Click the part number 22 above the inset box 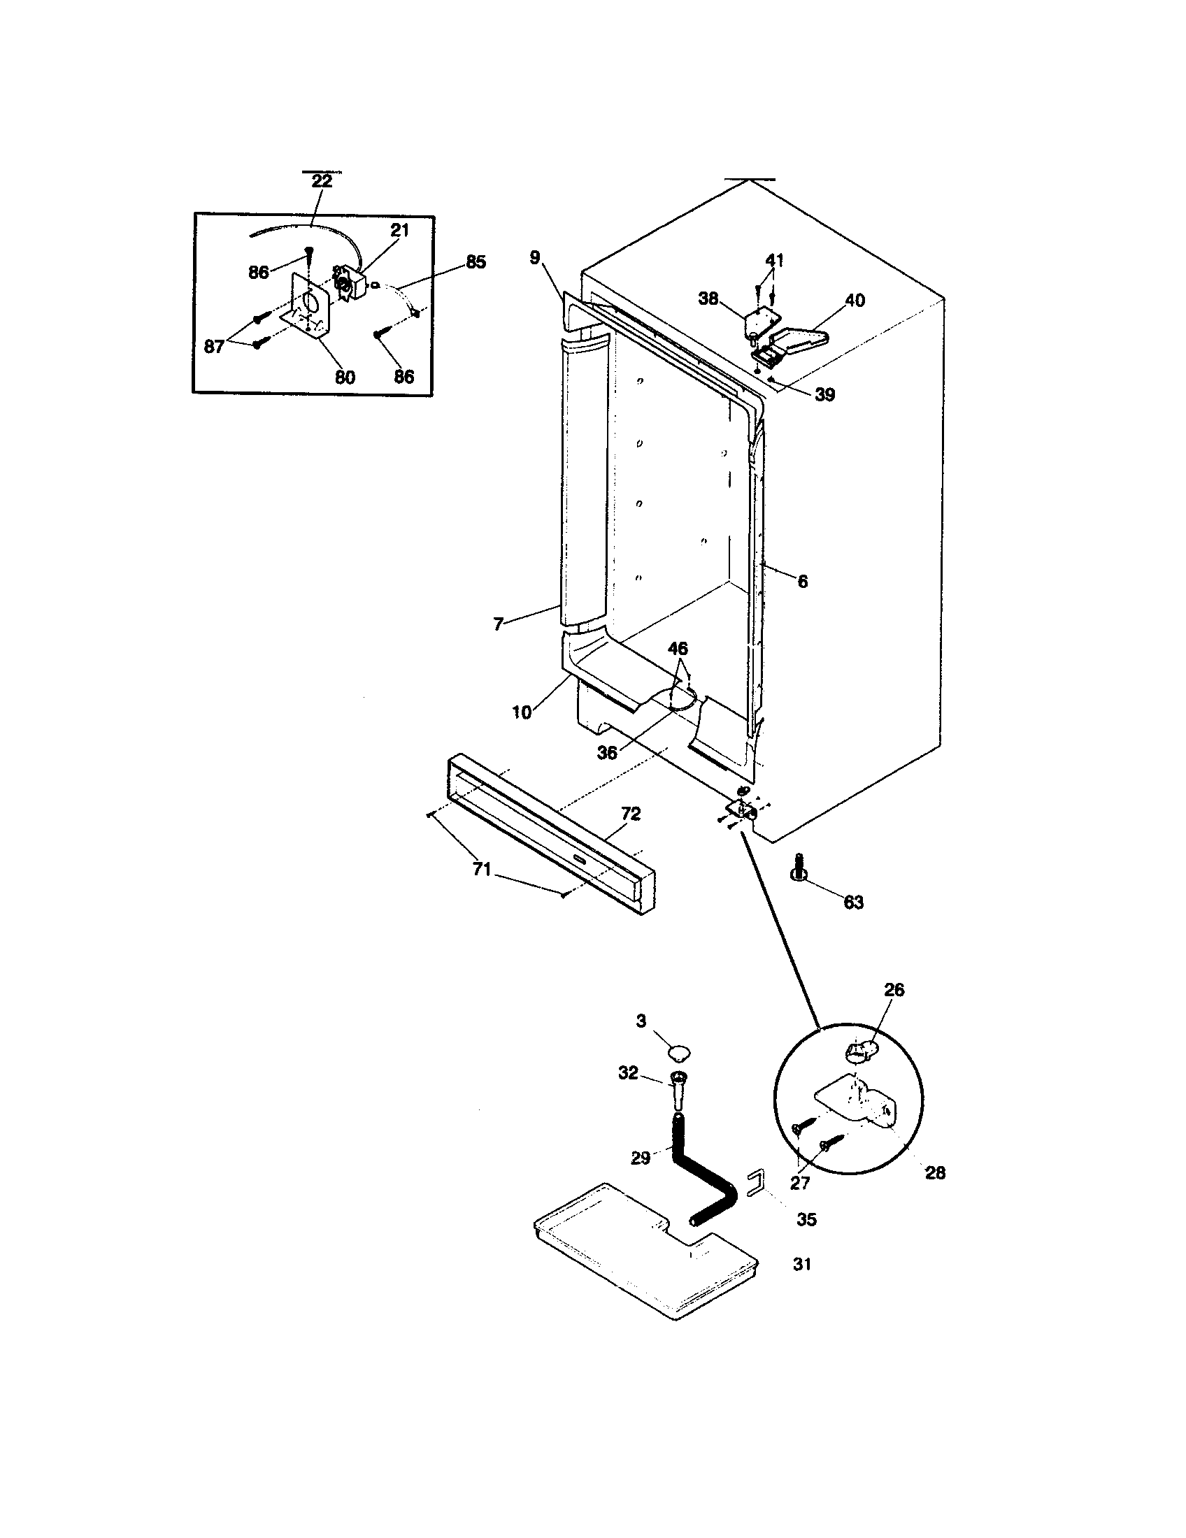point(322,181)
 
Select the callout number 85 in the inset point(476,262)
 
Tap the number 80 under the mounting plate point(344,378)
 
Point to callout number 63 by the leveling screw point(853,903)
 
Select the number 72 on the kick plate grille point(631,814)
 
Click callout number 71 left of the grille point(482,870)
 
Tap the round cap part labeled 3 point(679,1053)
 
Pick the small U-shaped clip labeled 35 point(755,1182)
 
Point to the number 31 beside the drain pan point(802,1265)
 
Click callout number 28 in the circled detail point(934,1173)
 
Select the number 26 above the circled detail point(894,989)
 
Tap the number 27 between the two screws point(800,1183)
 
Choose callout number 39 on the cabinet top point(824,395)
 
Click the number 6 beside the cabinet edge point(802,582)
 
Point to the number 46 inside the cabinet point(678,649)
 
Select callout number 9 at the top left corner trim point(535,258)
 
